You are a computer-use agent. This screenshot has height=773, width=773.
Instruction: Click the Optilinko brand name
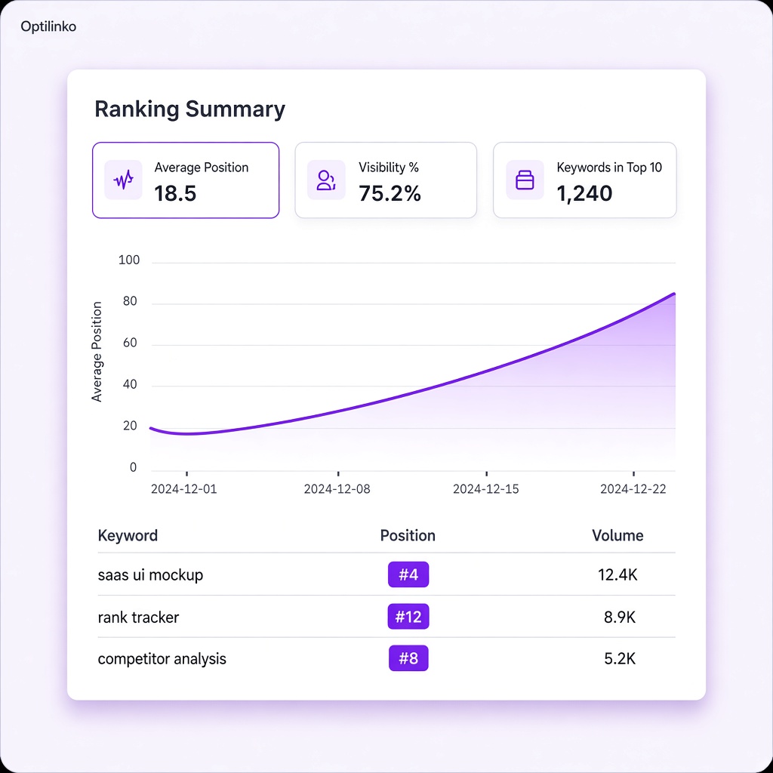(x=48, y=26)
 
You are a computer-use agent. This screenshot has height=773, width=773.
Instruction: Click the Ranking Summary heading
(x=189, y=109)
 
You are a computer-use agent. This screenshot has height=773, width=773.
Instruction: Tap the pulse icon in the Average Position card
(x=123, y=180)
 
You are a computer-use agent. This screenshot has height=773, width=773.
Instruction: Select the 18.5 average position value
(x=175, y=193)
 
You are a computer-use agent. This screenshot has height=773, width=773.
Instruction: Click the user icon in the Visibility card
(x=326, y=180)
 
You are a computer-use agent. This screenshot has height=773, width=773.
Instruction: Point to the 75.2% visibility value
(x=390, y=193)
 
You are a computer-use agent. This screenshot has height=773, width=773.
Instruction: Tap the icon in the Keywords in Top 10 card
(x=525, y=180)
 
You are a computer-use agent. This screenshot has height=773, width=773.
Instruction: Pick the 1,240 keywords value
(x=584, y=193)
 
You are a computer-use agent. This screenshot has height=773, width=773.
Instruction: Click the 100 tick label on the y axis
(x=129, y=260)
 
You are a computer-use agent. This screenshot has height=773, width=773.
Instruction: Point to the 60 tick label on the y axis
(x=130, y=343)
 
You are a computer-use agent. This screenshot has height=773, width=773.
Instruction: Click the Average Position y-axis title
(x=97, y=352)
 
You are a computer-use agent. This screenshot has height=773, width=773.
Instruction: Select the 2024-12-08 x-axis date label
(x=337, y=489)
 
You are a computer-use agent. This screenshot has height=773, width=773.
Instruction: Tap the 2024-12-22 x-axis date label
(x=633, y=489)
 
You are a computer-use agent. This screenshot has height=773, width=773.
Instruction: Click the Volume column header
(x=617, y=536)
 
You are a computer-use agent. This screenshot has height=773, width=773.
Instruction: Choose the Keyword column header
(x=128, y=536)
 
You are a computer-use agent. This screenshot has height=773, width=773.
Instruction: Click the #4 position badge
(x=408, y=574)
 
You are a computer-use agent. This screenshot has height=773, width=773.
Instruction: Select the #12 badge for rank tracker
(x=408, y=616)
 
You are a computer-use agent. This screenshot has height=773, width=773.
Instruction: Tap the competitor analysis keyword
(x=162, y=659)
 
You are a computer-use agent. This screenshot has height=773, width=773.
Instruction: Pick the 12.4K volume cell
(x=617, y=574)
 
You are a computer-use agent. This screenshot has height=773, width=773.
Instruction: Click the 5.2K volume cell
(x=620, y=659)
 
